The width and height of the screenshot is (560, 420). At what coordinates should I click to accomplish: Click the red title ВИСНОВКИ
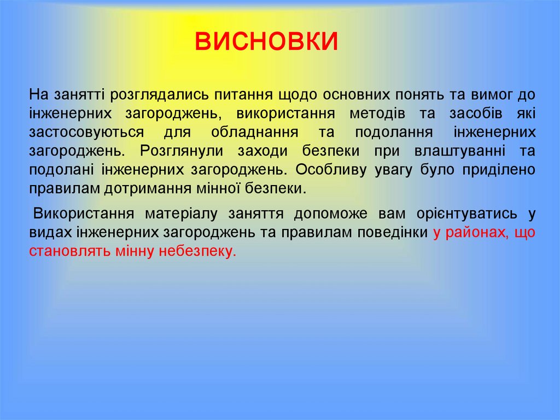pyautogui.click(x=267, y=42)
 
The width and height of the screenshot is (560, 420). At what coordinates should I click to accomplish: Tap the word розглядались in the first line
pyautogui.click(x=160, y=94)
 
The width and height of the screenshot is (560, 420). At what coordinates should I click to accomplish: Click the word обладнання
pyautogui.click(x=254, y=133)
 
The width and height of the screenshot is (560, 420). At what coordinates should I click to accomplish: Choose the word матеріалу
pyautogui.click(x=179, y=214)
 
